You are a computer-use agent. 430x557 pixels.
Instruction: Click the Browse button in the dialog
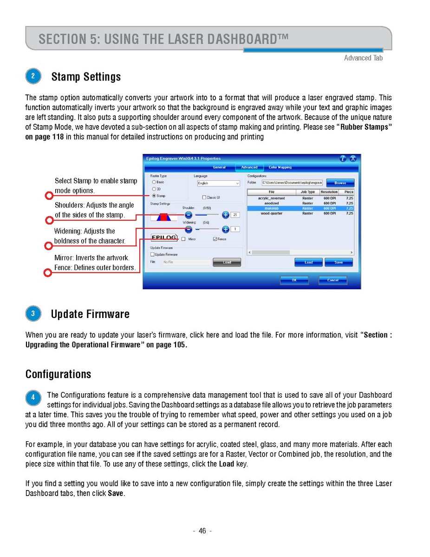340,183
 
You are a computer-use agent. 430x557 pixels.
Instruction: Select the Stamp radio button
154,196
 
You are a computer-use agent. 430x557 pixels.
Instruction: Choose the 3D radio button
154,189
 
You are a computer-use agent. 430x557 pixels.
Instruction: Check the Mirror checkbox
184,239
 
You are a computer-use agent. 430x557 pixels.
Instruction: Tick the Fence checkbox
215,239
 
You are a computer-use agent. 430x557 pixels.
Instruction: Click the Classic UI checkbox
204,197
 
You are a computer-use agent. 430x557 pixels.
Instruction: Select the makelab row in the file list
272,208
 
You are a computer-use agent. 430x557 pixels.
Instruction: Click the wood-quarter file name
272,213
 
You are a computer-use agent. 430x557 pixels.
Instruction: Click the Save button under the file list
339,263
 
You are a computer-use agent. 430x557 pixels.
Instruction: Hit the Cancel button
332,280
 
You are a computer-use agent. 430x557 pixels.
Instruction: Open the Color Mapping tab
280,167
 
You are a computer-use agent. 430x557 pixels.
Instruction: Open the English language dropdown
218,183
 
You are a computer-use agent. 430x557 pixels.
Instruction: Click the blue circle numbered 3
33,314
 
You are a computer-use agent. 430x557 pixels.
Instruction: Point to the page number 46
202,531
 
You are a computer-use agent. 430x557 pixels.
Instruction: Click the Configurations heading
58,374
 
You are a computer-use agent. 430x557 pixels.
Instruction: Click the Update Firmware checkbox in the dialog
152,254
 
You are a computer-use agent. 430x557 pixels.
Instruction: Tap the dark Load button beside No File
227,262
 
